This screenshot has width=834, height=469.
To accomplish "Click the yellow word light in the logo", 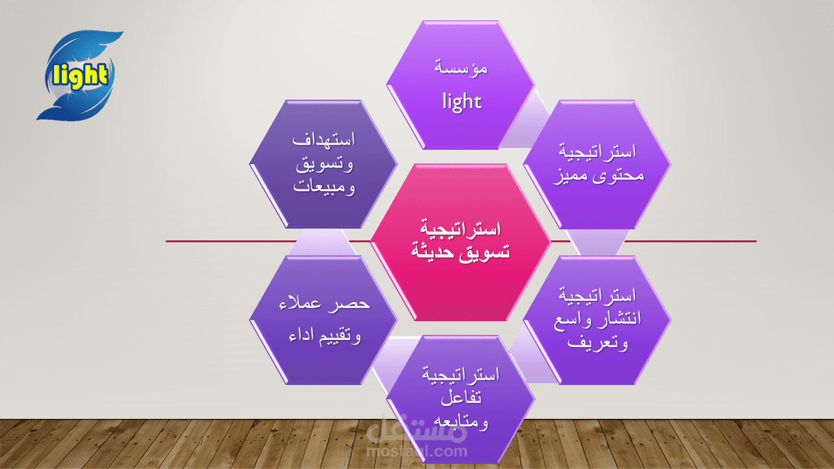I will pyautogui.click(x=80, y=76).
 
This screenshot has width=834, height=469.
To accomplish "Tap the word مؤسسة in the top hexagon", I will pyautogui.click(x=461, y=67).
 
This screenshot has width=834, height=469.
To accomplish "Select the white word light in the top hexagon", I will pyautogui.click(x=461, y=101).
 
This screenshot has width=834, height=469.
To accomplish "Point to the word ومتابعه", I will pyautogui.click(x=461, y=421).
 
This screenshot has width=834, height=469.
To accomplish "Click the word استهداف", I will pyautogui.click(x=323, y=140).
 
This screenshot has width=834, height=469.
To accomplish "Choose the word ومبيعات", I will pyautogui.click(x=324, y=187).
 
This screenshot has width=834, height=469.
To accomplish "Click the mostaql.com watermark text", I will pyautogui.click(x=417, y=450).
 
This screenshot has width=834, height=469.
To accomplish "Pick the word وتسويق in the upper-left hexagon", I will pyautogui.click(x=324, y=163).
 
